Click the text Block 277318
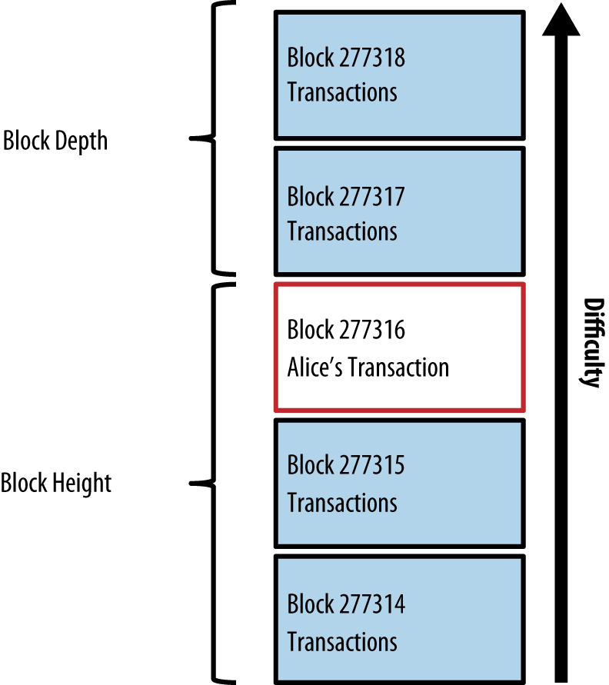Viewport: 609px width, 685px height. [346, 58]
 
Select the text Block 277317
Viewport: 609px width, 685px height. [346, 197]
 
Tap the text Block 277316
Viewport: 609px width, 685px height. [346, 331]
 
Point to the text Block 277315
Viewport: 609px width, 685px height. [346, 466]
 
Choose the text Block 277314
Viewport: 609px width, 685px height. [346, 604]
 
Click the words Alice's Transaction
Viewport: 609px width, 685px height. [368, 367]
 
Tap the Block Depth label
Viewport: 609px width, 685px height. [55, 141]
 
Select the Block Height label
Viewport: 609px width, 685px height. [56, 484]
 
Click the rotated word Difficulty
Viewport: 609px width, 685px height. [590, 342]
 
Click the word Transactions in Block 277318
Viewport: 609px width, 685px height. [342, 92]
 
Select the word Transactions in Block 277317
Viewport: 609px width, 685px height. [342, 231]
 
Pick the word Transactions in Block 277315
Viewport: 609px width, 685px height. [342, 503]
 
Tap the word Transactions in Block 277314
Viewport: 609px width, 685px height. [342, 641]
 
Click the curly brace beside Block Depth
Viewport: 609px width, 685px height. [211, 138]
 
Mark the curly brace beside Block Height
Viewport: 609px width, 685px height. [211, 483]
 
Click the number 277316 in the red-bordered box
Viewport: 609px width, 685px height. [371, 331]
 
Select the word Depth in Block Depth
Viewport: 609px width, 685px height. [81, 141]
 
